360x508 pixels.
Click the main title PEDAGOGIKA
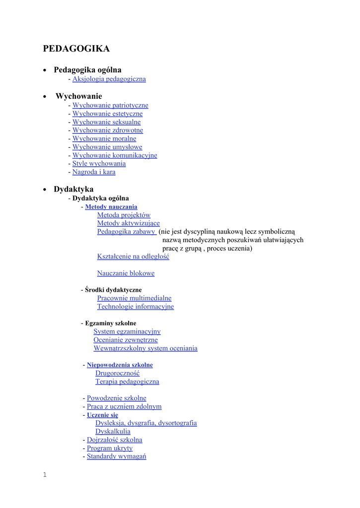click(x=76, y=49)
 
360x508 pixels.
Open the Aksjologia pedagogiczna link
click(x=109, y=79)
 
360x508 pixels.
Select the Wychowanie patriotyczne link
click(x=110, y=105)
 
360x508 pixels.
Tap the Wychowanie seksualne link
click(x=106, y=122)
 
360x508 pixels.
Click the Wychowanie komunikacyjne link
click(x=115, y=155)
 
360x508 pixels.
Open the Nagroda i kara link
click(x=94, y=172)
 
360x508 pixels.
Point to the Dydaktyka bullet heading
click(x=73, y=189)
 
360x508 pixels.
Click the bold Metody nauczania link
click(x=111, y=207)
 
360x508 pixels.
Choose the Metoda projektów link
click(x=124, y=215)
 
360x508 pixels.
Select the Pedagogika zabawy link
click(x=126, y=232)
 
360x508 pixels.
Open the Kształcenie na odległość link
click(x=133, y=256)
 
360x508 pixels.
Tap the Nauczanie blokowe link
click(x=126, y=273)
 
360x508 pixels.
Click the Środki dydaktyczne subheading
click(x=113, y=290)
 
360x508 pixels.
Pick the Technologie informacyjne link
click(x=136, y=307)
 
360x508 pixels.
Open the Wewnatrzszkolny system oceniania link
click(x=145, y=348)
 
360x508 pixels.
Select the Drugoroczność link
click(x=117, y=373)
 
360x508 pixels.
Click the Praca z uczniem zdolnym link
click(x=124, y=407)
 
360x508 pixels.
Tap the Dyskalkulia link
click(x=113, y=432)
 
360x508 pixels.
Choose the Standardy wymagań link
click(x=116, y=456)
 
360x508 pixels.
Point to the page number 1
click(x=45, y=475)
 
